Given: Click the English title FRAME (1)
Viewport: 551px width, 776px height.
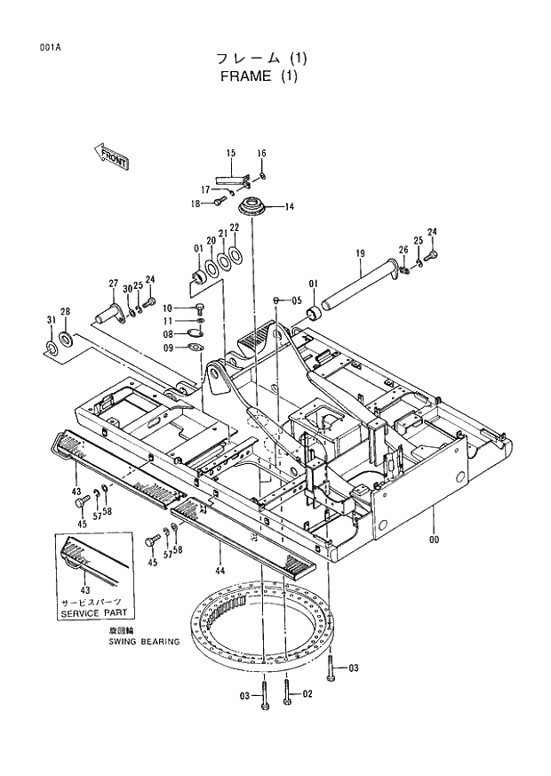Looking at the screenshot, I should [260, 76].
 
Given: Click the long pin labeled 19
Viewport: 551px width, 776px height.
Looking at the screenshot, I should [360, 285].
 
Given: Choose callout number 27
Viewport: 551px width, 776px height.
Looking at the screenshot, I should [114, 284].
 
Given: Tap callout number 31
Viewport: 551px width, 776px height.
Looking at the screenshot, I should [51, 319].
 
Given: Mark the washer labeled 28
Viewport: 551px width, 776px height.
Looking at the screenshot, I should [66, 341].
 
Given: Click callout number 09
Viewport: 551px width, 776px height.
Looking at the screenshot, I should [167, 348].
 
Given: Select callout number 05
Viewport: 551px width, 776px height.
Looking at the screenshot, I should [298, 300].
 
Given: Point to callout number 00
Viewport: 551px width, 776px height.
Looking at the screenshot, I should [434, 540].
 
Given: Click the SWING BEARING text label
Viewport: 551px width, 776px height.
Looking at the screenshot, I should [144, 641].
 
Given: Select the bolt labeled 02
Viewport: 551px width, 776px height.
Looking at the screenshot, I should [286, 692].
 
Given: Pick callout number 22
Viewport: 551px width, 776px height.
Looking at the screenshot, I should [235, 228].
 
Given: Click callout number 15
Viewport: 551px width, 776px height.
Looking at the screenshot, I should [230, 153].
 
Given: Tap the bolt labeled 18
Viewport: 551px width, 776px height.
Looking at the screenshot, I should [216, 203].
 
